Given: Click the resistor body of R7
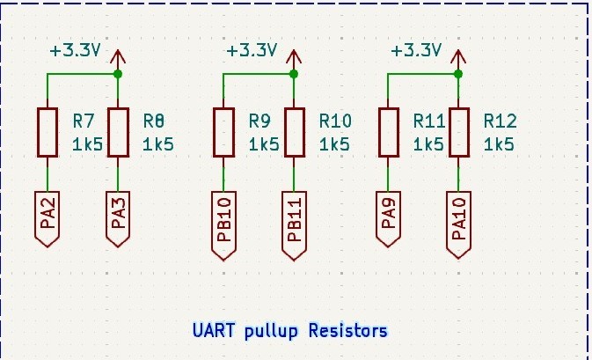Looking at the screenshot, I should point(47,132).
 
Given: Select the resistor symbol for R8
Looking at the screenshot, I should point(118,132).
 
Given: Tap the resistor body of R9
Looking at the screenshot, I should point(223,132).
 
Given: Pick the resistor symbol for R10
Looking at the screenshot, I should point(295,132).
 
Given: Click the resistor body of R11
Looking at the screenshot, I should point(388,132).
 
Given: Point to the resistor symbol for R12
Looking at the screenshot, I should point(458,132).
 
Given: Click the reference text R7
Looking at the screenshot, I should point(84,120).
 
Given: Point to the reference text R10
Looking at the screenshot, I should point(335,120).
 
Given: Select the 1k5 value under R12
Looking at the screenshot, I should point(499,143).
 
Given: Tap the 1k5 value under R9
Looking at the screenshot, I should point(263,143).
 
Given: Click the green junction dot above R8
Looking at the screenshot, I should point(118,75).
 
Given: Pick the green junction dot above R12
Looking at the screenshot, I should point(458,75).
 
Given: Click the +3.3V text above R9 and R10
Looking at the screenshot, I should point(252,50).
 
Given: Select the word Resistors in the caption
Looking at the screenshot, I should point(347,331).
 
